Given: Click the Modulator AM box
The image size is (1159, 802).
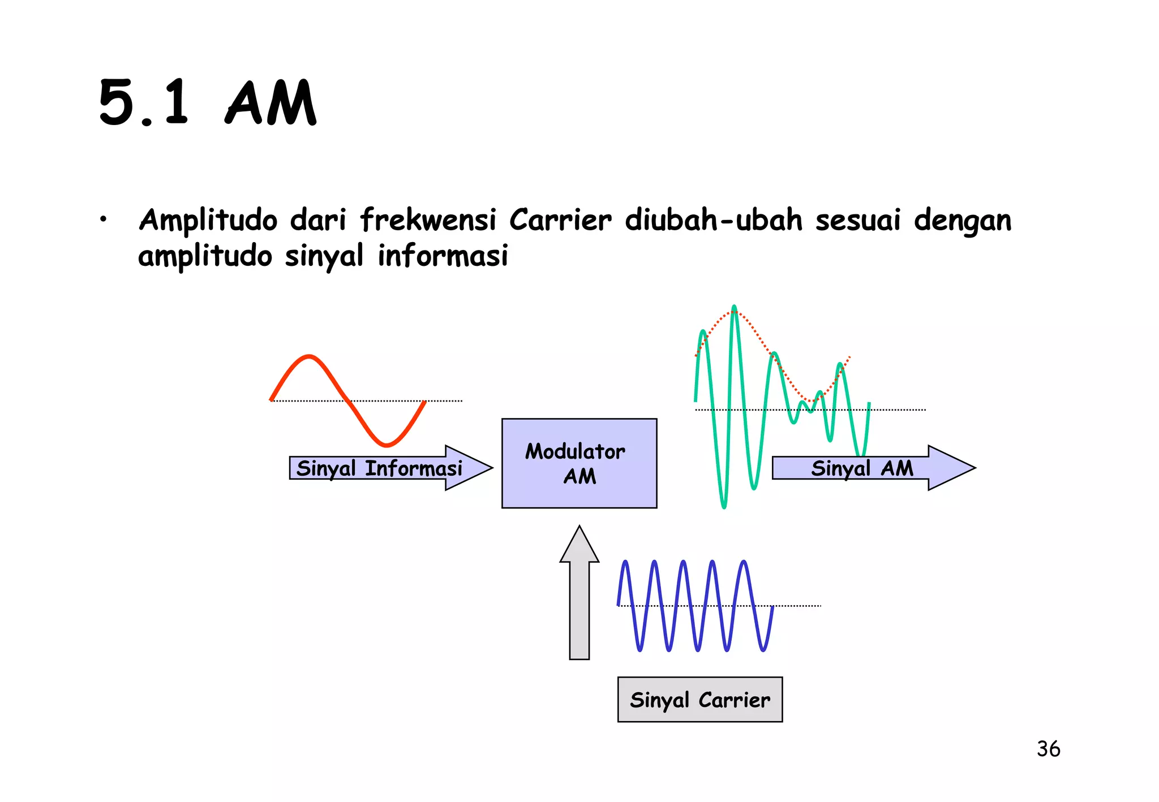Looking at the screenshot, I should click(x=579, y=463).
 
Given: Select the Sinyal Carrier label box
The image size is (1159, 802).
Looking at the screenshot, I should click(x=699, y=700).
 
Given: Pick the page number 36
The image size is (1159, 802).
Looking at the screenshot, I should click(x=1048, y=749).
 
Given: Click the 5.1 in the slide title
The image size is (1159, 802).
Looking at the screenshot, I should click(x=143, y=103).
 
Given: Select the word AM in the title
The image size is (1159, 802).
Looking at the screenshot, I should click(x=271, y=103).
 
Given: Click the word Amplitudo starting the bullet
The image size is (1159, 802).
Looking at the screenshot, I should click(x=208, y=221).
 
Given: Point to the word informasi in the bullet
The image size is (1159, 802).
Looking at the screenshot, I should click(x=443, y=256).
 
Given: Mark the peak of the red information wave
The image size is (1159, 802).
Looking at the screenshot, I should click(x=309, y=356).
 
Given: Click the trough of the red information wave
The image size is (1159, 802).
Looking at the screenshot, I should click(x=386, y=445).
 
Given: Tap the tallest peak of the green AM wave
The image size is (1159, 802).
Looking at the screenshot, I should click(x=734, y=307).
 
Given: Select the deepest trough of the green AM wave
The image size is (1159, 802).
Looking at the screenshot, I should click(x=724, y=506).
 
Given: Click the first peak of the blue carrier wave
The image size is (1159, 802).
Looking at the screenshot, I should click(x=625, y=562).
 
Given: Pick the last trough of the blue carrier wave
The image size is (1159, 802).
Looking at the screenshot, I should click(x=763, y=650).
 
